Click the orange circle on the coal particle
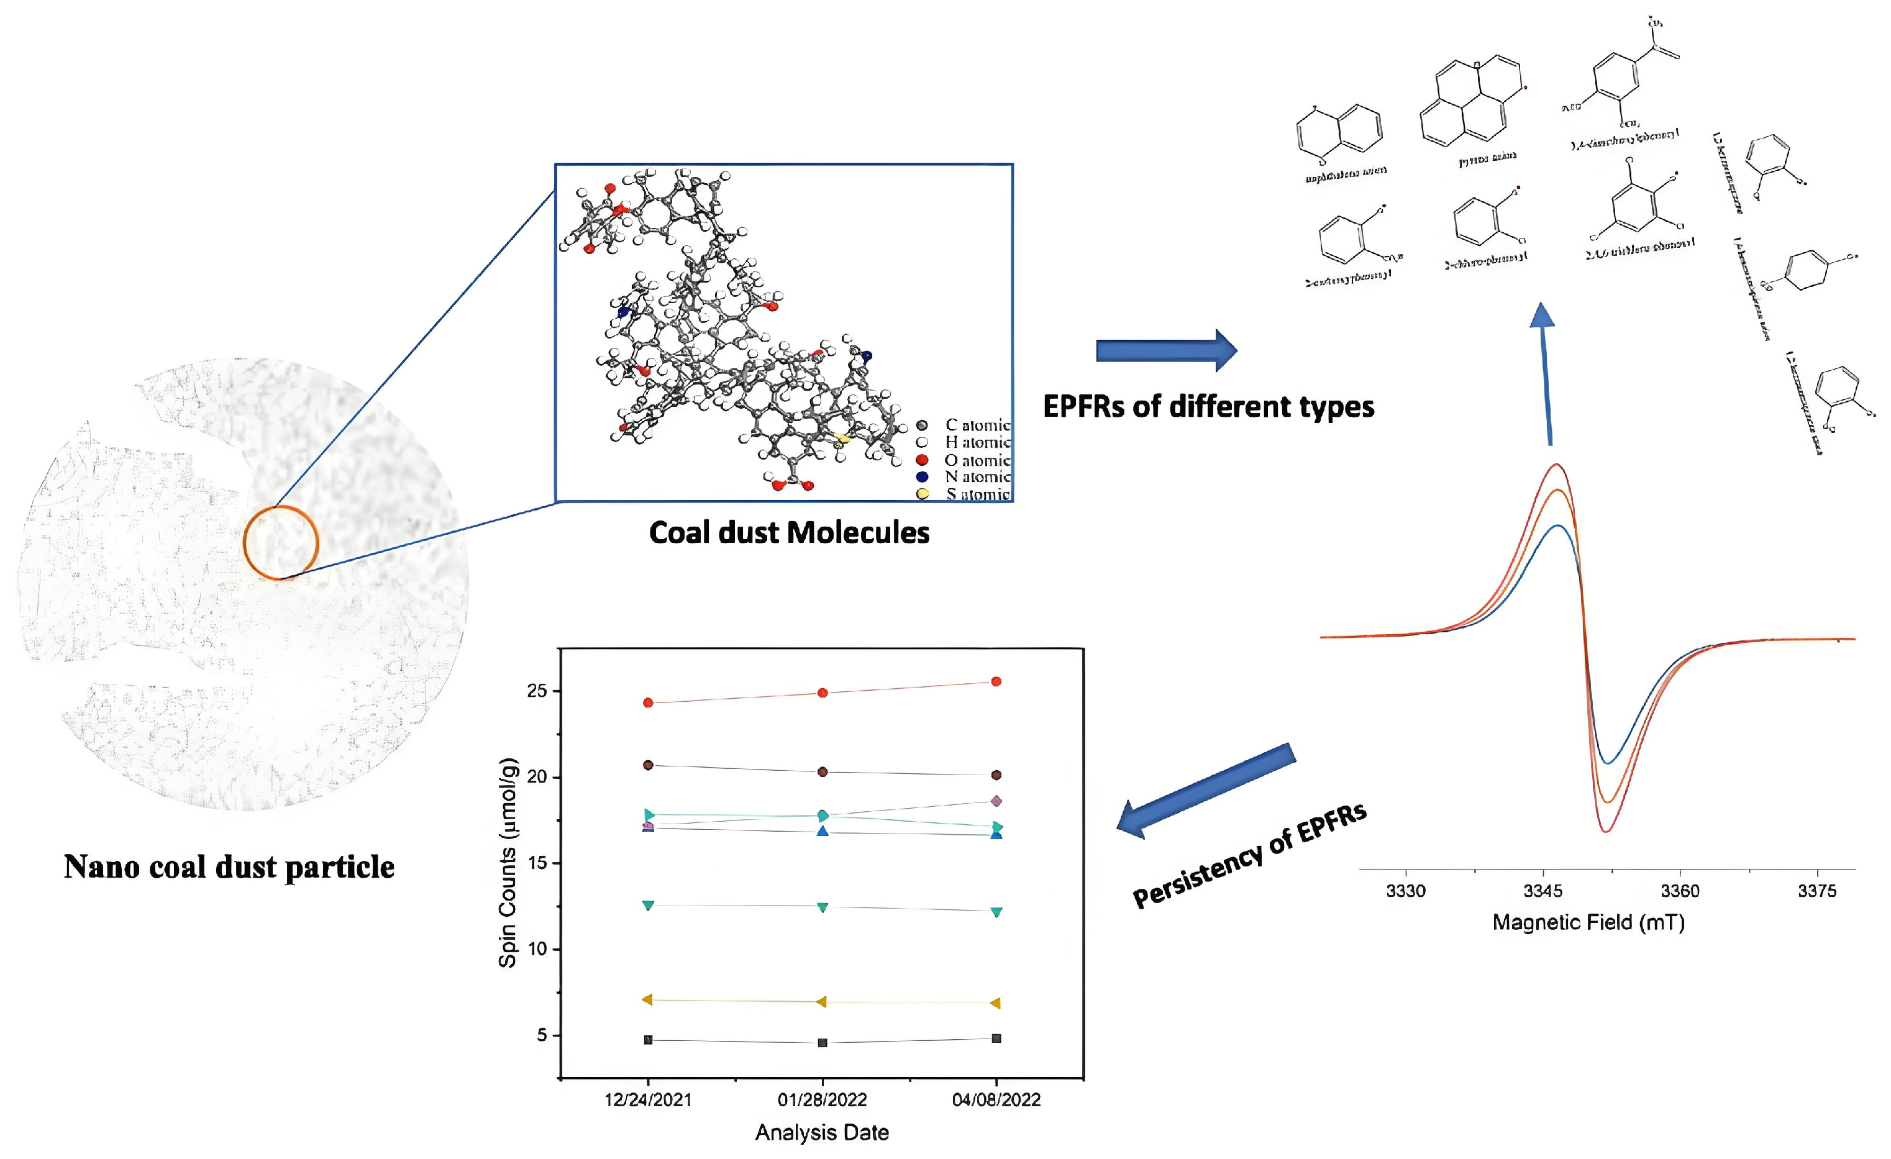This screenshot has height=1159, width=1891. pyautogui.click(x=281, y=543)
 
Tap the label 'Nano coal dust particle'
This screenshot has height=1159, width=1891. pyautogui.click(x=229, y=867)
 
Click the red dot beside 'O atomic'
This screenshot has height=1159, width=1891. pyautogui.click(x=922, y=460)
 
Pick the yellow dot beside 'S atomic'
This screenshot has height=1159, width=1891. pyautogui.click(x=922, y=494)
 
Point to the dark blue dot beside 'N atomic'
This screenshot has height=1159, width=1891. pyautogui.click(x=922, y=476)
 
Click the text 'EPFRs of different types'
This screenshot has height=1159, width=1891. pyautogui.click(x=1208, y=406)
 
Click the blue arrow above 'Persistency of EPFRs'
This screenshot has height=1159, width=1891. pyautogui.click(x=1205, y=791)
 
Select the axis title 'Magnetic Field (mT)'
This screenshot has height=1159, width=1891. pyautogui.click(x=1588, y=922)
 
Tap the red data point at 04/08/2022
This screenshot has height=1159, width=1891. pyautogui.click(x=996, y=681)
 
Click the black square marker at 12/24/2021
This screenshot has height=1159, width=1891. pyautogui.click(x=649, y=1040)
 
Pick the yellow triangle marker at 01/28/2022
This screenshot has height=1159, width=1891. pyautogui.click(x=822, y=1002)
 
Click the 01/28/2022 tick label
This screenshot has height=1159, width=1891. pyautogui.click(x=822, y=1100)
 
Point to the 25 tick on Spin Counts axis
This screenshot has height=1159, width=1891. pyautogui.click(x=537, y=691)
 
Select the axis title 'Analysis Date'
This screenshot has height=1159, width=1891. pyautogui.click(x=822, y=1132)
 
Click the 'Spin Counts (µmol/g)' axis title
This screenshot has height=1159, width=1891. pyautogui.click(x=508, y=863)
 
